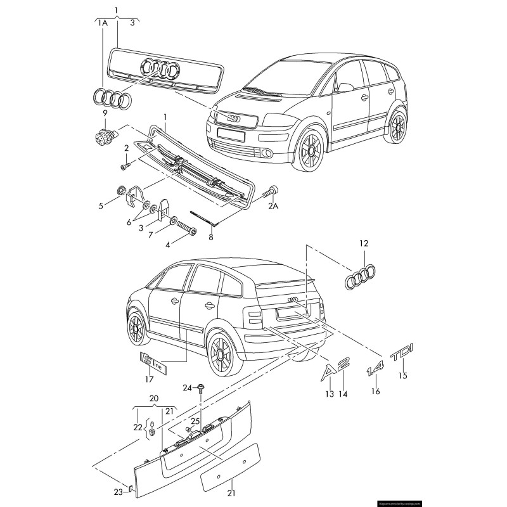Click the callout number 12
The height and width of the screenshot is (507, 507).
click(363, 243)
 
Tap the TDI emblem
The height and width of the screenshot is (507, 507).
click(401, 355)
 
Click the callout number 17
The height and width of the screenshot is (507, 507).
click(149, 380)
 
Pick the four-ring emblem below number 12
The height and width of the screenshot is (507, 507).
click(360, 278)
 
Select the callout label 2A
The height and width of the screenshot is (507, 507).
click(273, 206)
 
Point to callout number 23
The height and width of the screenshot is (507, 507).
click(119, 492)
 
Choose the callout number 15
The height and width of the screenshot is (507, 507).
click(402, 376)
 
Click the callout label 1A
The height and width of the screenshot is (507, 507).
click(102, 23)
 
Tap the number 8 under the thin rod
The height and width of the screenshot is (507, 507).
click(211, 238)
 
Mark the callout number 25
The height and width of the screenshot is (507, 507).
click(195, 421)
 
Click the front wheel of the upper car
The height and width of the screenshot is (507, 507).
click(312, 150)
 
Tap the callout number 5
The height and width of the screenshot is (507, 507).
click(100, 205)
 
